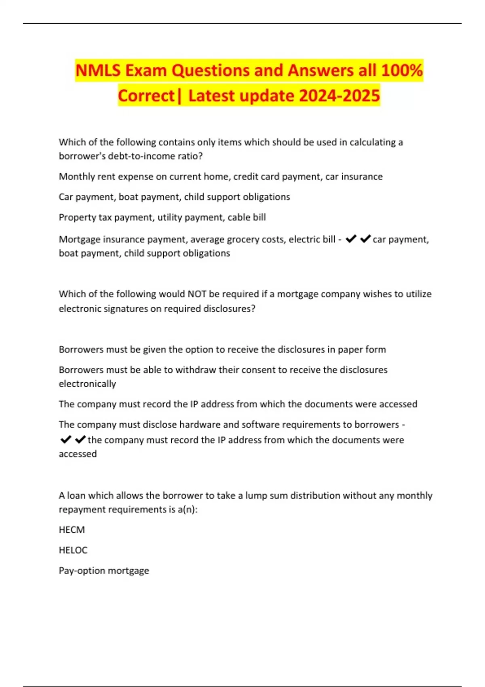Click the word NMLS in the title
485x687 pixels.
(x=98, y=70)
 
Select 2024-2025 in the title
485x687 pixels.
(x=339, y=96)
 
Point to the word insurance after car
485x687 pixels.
(x=362, y=177)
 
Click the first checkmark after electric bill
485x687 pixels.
(x=351, y=239)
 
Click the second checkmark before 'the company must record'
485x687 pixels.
(x=80, y=439)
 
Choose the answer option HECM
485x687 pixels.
(x=72, y=530)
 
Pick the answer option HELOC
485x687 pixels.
(x=73, y=550)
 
